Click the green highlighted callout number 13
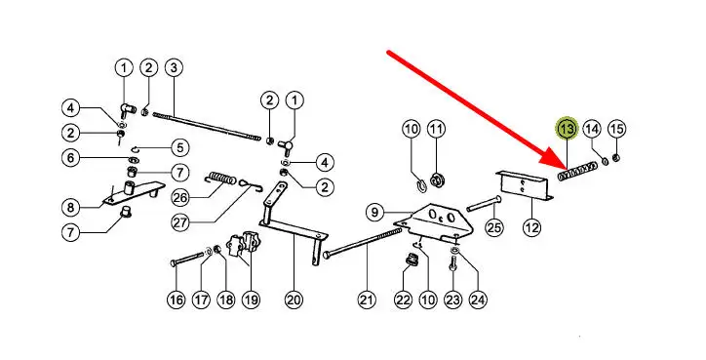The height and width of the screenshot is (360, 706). pos(567,130)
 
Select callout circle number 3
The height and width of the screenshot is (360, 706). pos(174,68)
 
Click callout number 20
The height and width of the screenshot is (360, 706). pos(294,300)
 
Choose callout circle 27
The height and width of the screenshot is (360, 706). pos(180,222)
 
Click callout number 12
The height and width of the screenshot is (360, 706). pos(531,227)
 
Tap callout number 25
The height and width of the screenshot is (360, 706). pos(494,227)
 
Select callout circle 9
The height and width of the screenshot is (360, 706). pos(375,212)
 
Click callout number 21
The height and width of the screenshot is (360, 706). pos(367,300)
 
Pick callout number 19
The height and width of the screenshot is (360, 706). pos(251,300)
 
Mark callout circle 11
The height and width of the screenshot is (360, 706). pos(435,130)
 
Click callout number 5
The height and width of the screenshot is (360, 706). pos(180,147)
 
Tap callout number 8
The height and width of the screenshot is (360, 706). pos(70,208)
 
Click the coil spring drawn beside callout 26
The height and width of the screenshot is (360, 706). pos(220,179)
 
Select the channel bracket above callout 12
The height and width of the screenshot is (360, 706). pos(525,185)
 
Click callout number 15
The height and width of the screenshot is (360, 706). pos(617,130)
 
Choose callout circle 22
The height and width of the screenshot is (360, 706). pos(403,300)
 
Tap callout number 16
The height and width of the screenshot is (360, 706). pos(176,300)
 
